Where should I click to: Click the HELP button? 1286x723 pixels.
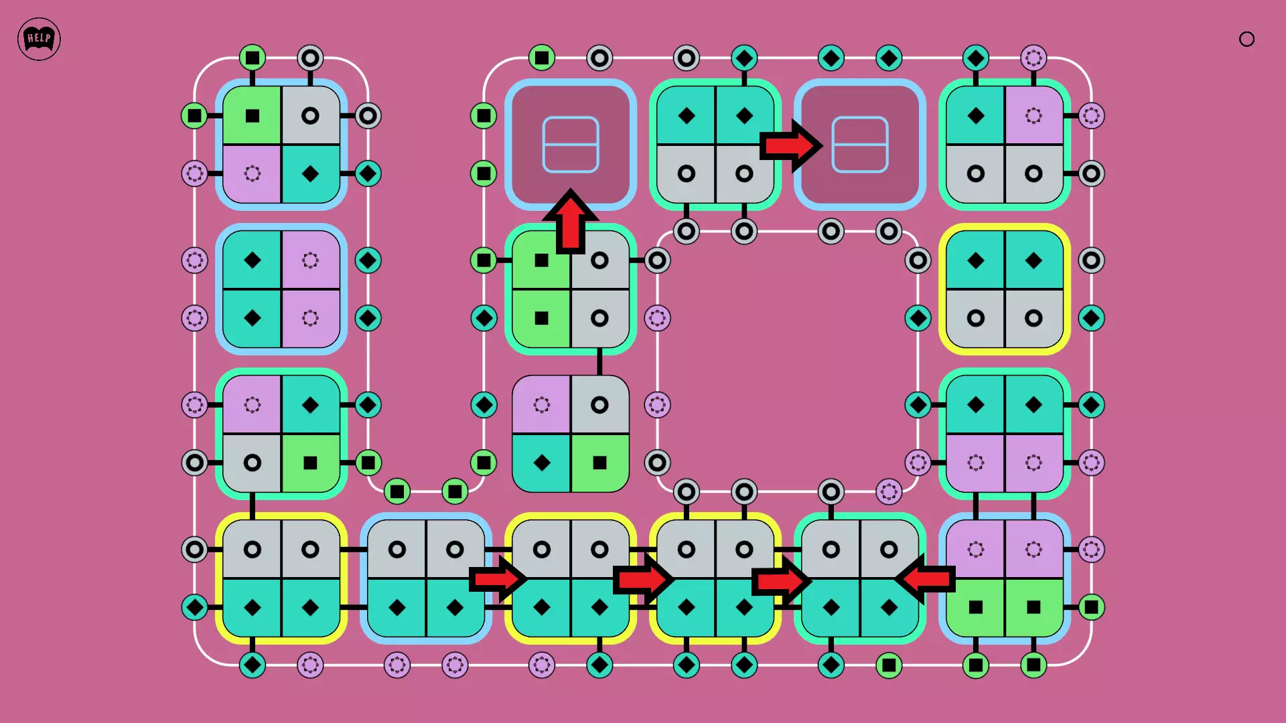(x=39, y=39)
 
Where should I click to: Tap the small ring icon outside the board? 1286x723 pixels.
(x=1246, y=39)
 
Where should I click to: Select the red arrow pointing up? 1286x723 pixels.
(x=571, y=221)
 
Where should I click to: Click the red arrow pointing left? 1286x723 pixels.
(x=926, y=578)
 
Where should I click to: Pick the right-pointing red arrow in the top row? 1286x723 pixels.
(x=790, y=145)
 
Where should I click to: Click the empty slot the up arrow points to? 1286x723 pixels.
(x=571, y=145)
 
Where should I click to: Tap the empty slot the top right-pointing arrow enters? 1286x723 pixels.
(x=860, y=145)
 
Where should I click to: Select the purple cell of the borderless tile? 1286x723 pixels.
(x=541, y=404)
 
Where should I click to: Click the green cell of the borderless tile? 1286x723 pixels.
(x=599, y=463)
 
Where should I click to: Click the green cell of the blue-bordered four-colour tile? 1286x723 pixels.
(x=253, y=116)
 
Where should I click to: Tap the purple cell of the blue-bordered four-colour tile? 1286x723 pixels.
(x=253, y=174)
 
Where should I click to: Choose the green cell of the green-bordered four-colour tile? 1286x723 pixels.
(x=310, y=463)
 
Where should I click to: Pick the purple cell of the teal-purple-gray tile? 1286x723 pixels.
(x=1033, y=116)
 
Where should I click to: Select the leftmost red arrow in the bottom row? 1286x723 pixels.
(x=498, y=578)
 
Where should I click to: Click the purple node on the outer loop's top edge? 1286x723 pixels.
(x=1033, y=58)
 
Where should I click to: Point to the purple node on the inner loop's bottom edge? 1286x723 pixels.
(x=889, y=492)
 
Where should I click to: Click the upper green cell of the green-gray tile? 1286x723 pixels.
(x=541, y=260)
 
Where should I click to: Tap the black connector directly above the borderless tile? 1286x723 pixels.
(x=599, y=362)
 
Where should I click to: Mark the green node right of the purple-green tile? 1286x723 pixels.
(x=1091, y=607)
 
